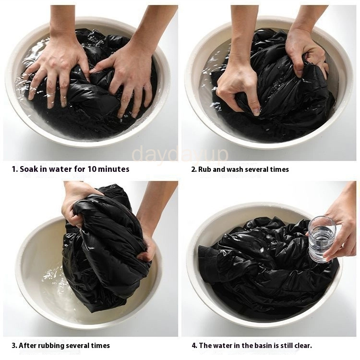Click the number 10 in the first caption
[x=91, y=169]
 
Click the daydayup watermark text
[x=180, y=153]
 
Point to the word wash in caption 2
[x=235, y=169]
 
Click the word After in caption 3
[x=27, y=346]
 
